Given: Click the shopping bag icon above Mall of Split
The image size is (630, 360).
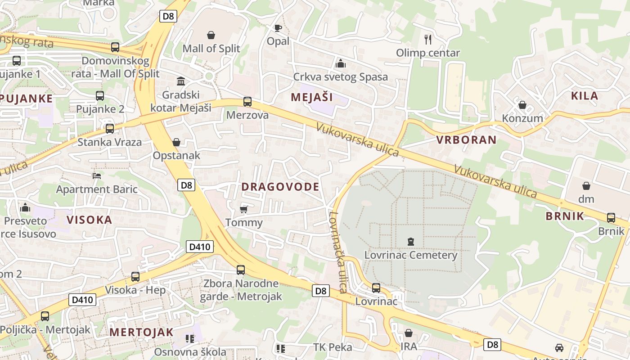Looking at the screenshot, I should tap(211, 35).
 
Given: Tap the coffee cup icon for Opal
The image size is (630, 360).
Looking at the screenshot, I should tap(278, 28).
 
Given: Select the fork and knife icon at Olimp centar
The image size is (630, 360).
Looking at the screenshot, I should tap(428, 40).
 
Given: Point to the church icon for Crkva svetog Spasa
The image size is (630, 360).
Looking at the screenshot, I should tap(341, 63).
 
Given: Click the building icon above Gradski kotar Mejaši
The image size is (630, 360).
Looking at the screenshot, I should tap(181, 81).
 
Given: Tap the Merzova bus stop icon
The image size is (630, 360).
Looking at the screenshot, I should tap(247, 102).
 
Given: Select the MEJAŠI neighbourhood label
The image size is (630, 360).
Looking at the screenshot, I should tap(311, 97).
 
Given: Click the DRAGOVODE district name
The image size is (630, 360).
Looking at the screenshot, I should tap(280, 187).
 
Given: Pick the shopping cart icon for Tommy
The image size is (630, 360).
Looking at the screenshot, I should tap(244, 209).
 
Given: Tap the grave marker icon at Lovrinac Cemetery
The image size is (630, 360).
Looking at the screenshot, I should tap(410, 242).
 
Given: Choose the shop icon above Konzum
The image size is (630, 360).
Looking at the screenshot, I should tap(522, 105).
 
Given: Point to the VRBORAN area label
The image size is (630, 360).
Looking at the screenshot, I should tap(466, 140).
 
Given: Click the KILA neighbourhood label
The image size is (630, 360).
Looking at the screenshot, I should tap(585, 96).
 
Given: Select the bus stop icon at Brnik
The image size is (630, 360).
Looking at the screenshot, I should tap(611, 218).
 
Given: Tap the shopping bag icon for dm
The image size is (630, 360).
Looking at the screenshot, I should tap(586, 186).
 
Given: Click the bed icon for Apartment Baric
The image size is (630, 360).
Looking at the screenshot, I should tap(97, 175).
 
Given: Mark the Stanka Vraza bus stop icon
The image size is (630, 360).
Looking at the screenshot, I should tap(109, 129).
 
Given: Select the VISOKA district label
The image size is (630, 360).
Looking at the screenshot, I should tap(89, 220).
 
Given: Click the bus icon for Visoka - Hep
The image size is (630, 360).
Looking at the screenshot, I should tap(135, 277).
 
